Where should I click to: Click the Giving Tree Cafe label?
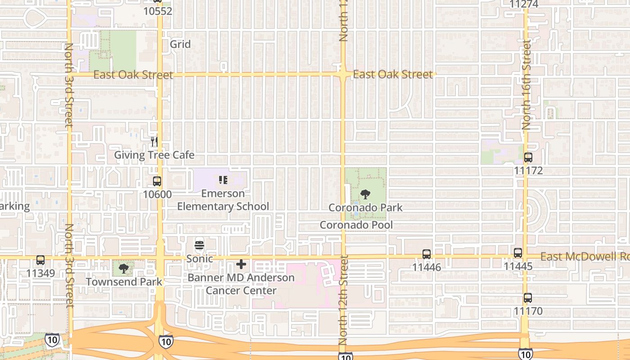click(x=154, y=155)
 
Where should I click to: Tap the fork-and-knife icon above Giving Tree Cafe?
click(x=154, y=142)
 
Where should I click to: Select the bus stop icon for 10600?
click(x=157, y=181)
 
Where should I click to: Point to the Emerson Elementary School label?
click(x=223, y=200)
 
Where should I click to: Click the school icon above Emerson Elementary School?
click(x=223, y=180)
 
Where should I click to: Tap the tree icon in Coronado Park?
click(x=365, y=194)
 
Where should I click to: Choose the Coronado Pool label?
click(x=356, y=225)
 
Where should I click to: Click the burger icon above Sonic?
click(x=199, y=246)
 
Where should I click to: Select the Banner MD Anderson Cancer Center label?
click(x=241, y=284)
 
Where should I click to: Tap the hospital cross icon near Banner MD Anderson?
click(x=241, y=264)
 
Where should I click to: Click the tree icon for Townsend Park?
click(x=124, y=269)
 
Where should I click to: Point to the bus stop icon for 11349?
click(x=40, y=260)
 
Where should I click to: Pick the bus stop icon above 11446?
click(x=427, y=254)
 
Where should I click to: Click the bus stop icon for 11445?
click(x=518, y=253)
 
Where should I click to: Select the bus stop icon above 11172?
click(x=528, y=157)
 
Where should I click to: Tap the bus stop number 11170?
click(x=528, y=311)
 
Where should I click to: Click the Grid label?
click(x=180, y=44)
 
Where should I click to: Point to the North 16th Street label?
click(x=526, y=85)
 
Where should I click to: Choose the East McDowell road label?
click(x=584, y=256)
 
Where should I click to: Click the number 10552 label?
click(x=157, y=11)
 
